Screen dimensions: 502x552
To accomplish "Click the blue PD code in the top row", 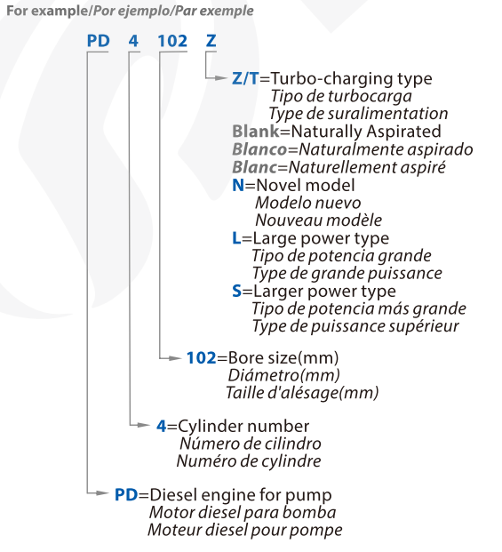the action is [x=98, y=41].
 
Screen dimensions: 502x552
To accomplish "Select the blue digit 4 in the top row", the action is [x=133, y=41].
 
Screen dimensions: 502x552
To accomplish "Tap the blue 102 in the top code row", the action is [x=172, y=41].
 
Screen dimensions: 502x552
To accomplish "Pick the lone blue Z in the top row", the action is [x=211, y=41].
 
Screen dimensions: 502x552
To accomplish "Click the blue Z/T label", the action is [x=245, y=78].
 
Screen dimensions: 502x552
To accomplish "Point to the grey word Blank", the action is [x=256, y=132].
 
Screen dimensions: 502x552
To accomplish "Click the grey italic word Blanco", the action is [x=260, y=149].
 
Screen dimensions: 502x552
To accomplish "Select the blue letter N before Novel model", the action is [x=238, y=185].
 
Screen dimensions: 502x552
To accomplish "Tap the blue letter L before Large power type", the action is [x=236, y=238].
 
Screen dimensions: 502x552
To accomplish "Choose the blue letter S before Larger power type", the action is [x=236, y=292].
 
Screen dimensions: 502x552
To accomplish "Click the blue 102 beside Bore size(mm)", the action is [x=201, y=357].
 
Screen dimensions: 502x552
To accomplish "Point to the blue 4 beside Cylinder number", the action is [x=162, y=426].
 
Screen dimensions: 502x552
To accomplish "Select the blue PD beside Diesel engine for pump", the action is [x=126, y=494].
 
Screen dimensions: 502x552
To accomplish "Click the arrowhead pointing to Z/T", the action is [x=221, y=78].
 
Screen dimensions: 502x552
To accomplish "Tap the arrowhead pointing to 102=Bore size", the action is [x=176, y=358].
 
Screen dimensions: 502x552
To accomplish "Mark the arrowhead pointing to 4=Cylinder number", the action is [x=144, y=425].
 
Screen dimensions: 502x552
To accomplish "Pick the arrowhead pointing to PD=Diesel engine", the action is [x=102, y=492].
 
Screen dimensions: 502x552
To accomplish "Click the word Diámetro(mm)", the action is [x=284, y=375].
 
